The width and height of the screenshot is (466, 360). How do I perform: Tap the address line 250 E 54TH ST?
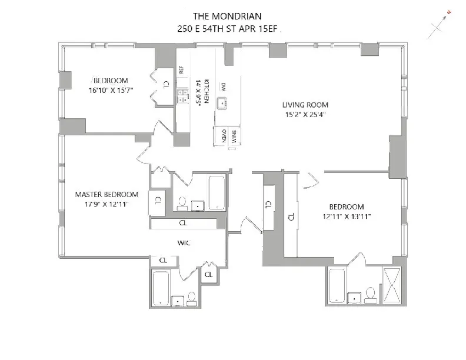214,28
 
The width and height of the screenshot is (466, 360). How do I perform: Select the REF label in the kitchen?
182,69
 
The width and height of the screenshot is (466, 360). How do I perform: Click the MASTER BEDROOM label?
106,195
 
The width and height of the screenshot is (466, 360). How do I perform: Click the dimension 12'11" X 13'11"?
346,216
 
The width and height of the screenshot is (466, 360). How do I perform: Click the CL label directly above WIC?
183,224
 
